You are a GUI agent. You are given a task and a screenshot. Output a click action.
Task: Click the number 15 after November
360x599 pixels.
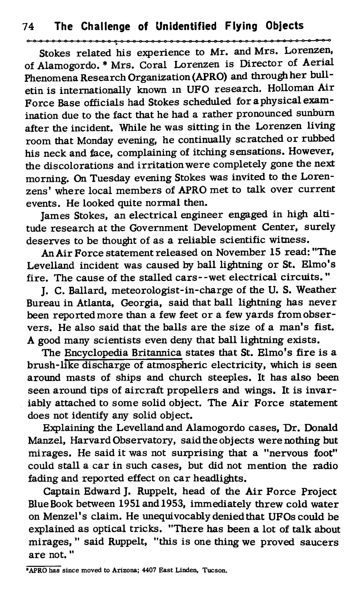275,253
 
